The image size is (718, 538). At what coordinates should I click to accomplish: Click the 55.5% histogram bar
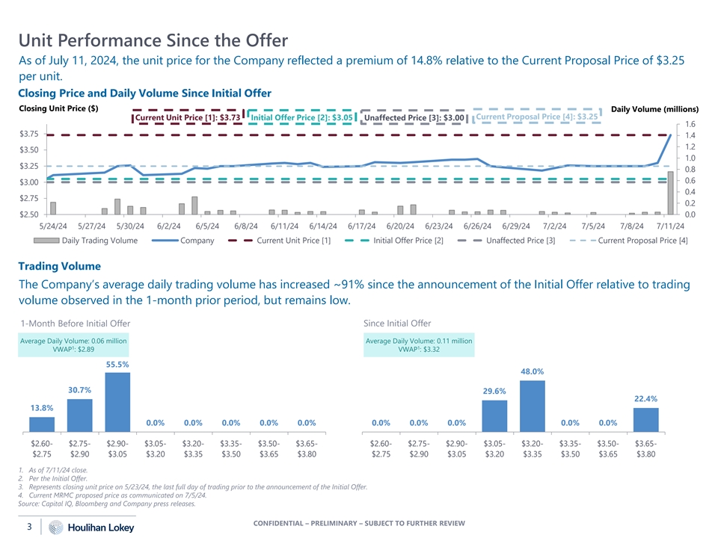118,401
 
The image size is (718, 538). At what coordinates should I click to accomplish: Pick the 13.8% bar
42,424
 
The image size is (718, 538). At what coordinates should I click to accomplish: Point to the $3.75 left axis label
29,134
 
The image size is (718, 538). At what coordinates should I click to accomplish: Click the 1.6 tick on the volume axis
690,124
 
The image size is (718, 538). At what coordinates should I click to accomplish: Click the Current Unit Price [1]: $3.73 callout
188,117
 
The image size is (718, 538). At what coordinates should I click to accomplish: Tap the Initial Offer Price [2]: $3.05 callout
301,117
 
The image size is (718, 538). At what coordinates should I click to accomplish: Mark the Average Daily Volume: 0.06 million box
74,345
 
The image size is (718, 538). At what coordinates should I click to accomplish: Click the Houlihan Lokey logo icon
55,528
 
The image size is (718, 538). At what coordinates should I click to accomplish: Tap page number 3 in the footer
28,527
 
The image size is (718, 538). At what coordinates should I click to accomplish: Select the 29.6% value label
494,391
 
